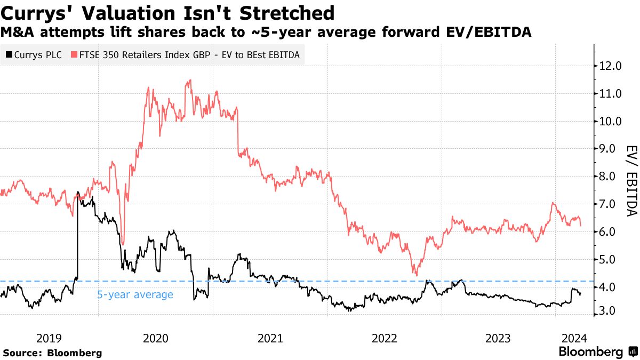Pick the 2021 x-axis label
point(270,338)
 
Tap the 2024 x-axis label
point(575,338)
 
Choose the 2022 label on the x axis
point(385,338)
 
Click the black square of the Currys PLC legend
point(9,54)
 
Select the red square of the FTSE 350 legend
point(74,54)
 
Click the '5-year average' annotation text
point(135,294)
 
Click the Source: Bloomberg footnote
point(52,353)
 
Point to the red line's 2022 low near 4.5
point(415,274)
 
